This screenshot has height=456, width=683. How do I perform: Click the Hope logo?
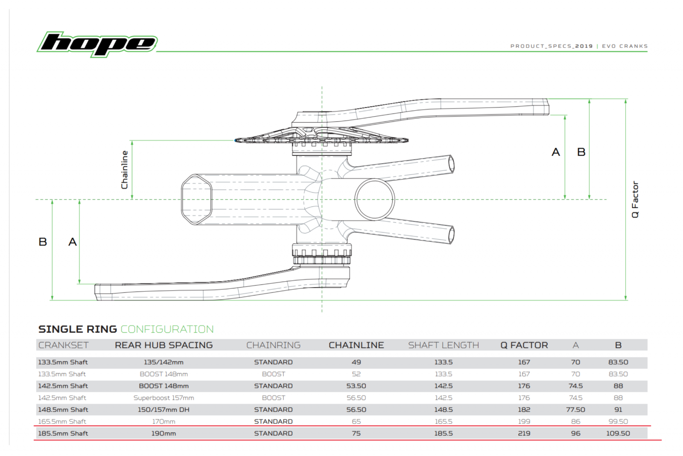pyautogui.click(x=97, y=44)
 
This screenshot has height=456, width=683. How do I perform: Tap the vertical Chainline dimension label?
pyautogui.click(x=125, y=170)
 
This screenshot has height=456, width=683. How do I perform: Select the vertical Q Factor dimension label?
pyautogui.click(x=635, y=199)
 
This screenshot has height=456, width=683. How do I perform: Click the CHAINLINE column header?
pyautogui.click(x=356, y=345)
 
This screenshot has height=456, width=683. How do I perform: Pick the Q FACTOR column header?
pyautogui.click(x=524, y=345)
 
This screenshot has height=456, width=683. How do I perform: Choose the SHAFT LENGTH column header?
pyautogui.click(x=443, y=345)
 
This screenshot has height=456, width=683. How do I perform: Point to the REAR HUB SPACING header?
pyautogui.click(x=163, y=345)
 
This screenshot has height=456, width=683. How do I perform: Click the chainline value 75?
pyautogui.click(x=356, y=433)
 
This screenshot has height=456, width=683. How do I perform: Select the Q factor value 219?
pyautogui.click(x=524, y=433)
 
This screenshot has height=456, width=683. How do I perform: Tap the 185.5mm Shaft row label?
pyautogui.click(x=63, y=433)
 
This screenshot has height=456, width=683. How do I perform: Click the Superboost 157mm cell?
pyautogui.click(x=163, y=398)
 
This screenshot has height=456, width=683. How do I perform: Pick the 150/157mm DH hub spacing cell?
pyautogui.click(x=163, y=410)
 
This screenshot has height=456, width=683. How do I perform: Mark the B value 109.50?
pyautogui.click(x=618, y=433)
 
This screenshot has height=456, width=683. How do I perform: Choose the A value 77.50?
pyautogui.click(x=575, y=410)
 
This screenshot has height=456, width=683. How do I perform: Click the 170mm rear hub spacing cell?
pyautogui.click(x=163, y=421)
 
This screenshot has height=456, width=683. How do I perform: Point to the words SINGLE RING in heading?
pyautogui.click(x=77, y=329)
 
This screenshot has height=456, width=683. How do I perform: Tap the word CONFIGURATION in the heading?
pyautogui.click(x=167, y=329)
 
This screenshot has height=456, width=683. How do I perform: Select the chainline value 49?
pyautogui.click(x=356, y=362)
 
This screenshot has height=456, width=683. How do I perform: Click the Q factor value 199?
pyautogui.click(x=524, y=421)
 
